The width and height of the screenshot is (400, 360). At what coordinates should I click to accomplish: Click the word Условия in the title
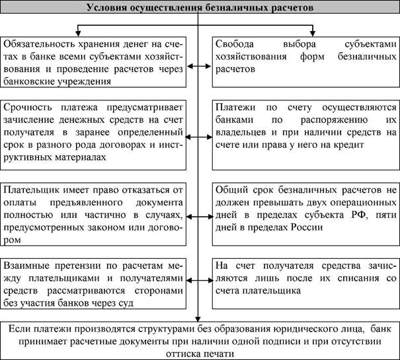[x=108, y=9]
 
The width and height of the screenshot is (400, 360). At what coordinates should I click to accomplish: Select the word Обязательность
[x=43, y=43]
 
